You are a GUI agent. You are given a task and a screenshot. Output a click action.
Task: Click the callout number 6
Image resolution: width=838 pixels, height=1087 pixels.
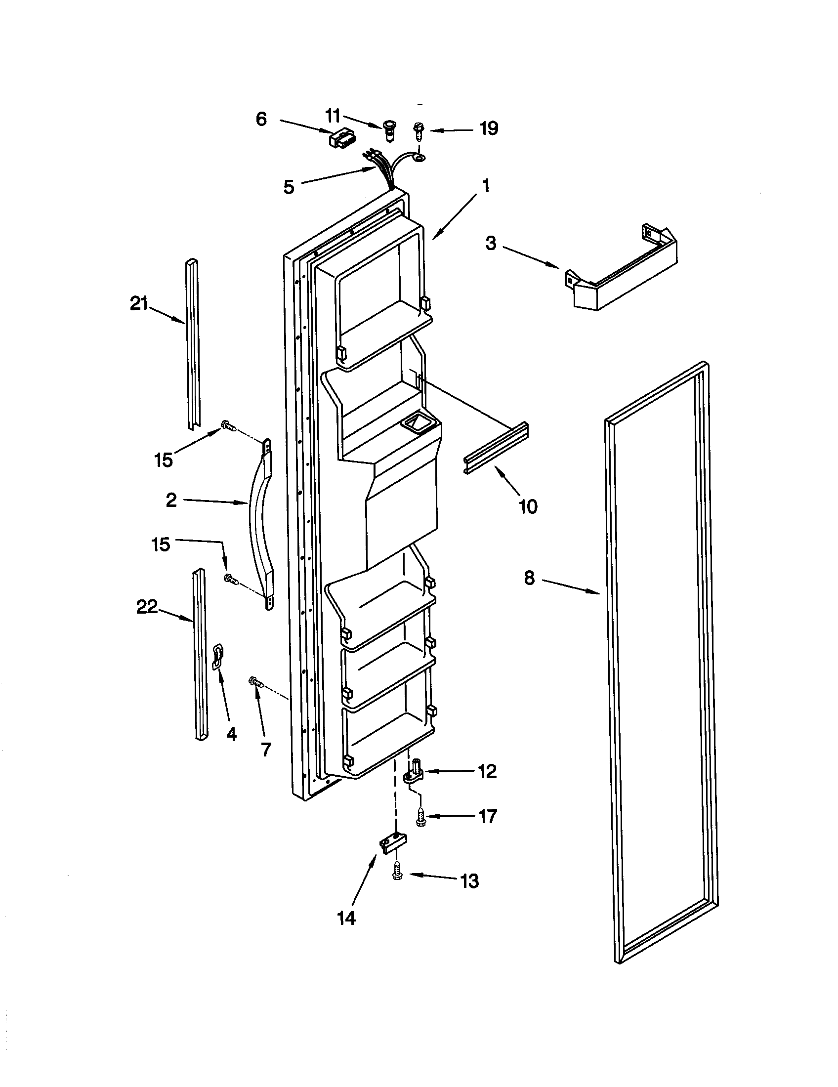pyautogui.click(x=261, y=120)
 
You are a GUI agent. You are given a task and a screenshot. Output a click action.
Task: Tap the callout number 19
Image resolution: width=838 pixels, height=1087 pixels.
pyautogui.click(x=489, y=128)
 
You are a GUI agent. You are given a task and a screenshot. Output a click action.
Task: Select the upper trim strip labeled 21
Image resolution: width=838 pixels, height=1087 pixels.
pyautogui.click(x=193, y=343)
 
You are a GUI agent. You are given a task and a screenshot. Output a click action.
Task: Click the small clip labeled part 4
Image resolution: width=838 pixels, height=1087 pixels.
pyautogui.click(x=218, y=656)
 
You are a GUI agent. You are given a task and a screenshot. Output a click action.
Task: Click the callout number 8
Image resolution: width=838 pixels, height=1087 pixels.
pyautogui.click(x=529, y=578)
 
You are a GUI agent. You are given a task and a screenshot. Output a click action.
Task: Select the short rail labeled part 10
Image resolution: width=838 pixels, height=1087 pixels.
pyautogui.click(x=496, y=448)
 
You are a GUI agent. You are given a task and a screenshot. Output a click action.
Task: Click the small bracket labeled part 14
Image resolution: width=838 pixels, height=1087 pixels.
pyautogui.click(x=392, y=844)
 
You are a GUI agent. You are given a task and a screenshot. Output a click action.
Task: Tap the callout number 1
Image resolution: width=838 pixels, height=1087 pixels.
pyautogui.click(x=486, y=186)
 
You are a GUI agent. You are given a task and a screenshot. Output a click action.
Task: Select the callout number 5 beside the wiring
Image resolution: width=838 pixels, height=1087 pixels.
pyautogui.click(x=289, y=187)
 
